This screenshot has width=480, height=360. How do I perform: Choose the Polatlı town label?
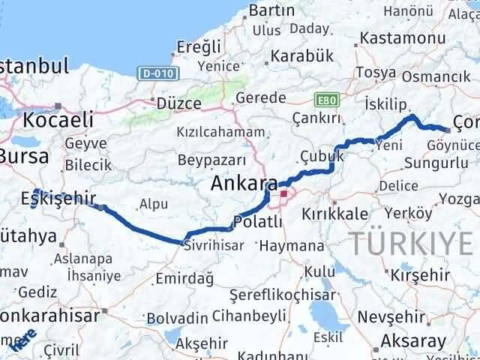point(257,222)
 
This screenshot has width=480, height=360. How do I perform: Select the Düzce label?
point(177,103)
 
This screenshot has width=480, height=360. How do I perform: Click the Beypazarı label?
point(211,159)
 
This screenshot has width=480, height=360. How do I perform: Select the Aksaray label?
point(412,340)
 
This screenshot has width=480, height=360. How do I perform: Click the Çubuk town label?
point(321,156)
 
